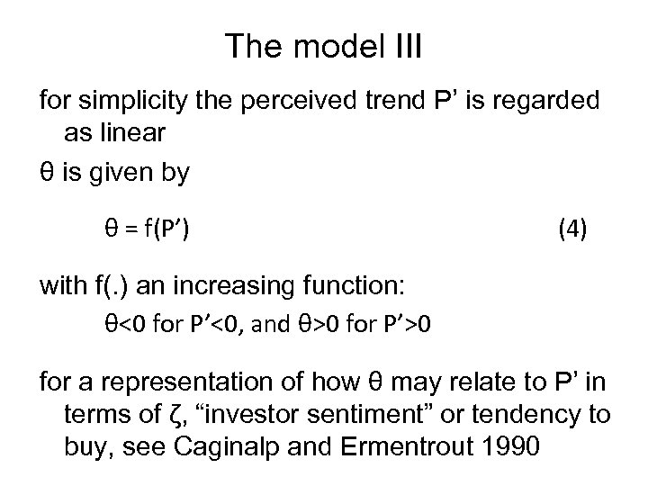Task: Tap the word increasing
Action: tap(242, 287)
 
